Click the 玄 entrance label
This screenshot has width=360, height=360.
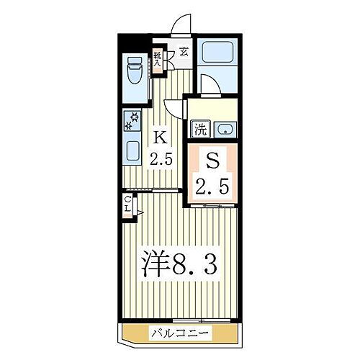pyautogui.click(x=184, y=51)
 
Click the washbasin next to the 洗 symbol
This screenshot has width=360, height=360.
pyautogui.click(x=225, y=130)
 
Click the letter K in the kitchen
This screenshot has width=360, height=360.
pyautogui.click(x=161, y=136)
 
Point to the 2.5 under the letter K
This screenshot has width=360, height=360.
pyautogui.click(x=161, y=158)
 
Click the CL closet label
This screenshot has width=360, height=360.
pyautogui.click(x=127, y=204)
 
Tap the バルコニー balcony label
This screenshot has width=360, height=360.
pyautogui.click(x=180, y=333)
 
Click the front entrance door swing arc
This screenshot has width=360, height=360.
pyautogui.click(x=181, y=24)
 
